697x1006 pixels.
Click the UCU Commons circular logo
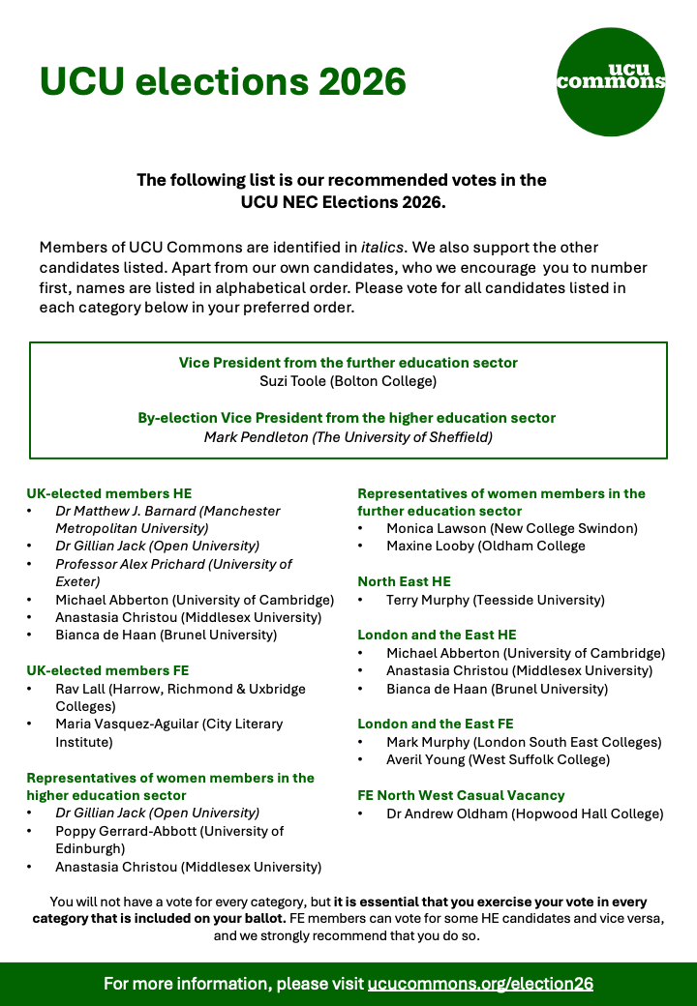tap(612, 81)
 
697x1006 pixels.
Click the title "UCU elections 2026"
tap(223, 81)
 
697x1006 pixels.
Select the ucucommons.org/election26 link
tap(480, 984)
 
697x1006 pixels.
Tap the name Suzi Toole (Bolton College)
tap(348, 381)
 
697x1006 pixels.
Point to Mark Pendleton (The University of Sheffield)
tap(348, 437)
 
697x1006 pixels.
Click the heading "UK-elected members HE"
tap(108, 493)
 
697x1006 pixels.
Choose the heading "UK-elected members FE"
tap(107, 670)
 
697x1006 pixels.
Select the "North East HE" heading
tap(404, 581)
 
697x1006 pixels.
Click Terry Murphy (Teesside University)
tap(495, 600)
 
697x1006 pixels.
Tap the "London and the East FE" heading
tap(436, 724)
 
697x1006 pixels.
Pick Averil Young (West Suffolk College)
tap(498, 759)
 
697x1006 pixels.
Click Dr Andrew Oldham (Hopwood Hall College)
tap(525, 814)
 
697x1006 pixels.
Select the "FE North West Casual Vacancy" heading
tap(461, 795)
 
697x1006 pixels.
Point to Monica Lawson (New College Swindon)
tap(511, 528)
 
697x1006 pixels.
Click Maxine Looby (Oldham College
tap(485, 546)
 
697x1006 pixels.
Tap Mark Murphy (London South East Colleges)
tap(524, 742)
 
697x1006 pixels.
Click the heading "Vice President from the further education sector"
tap(348, 363)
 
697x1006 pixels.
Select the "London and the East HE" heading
tap(437, 635)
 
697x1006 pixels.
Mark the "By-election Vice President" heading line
tap(348, 418)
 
